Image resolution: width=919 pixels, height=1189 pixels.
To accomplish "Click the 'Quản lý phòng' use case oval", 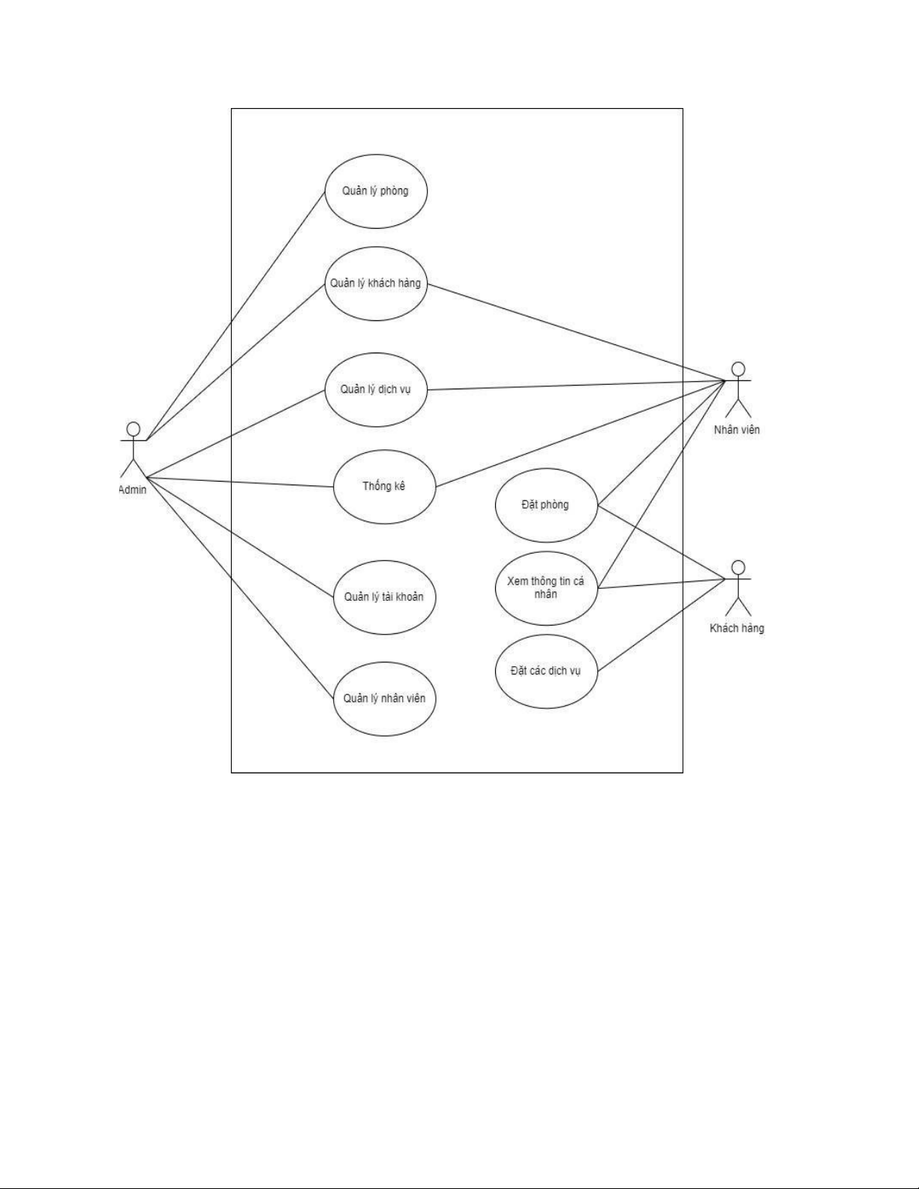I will click(x=376, y=191).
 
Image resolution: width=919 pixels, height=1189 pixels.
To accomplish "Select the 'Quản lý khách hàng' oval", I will click(x=376, y=284).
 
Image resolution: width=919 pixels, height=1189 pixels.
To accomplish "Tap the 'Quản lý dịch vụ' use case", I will click(x=376, y=390).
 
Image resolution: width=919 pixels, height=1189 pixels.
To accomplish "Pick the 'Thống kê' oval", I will click(x=384, y=486).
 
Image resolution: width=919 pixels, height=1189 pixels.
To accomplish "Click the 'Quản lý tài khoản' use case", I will click(x=384, y=597).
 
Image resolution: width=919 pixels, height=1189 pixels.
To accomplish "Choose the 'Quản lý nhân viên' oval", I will click(x=384, y=698).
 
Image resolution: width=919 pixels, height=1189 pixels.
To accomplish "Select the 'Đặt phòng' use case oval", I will click(x=546, y=505).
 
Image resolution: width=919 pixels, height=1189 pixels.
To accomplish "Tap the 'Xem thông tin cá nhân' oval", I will click(x=546, y=588).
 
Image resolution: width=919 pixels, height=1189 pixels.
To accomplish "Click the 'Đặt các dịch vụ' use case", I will click(x=546, y=671).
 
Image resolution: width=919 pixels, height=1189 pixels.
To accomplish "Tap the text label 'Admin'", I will click(x=133, y=490).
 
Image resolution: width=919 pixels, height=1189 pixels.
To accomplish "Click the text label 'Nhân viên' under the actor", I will click(x=737, y=430).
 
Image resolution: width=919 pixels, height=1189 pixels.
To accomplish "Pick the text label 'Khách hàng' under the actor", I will click(x=737, y=628).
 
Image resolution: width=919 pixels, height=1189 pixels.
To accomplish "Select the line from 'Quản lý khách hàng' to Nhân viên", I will click(x=578, y=333).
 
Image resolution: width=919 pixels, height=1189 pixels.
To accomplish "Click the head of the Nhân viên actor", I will click(x=739, y=368).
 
